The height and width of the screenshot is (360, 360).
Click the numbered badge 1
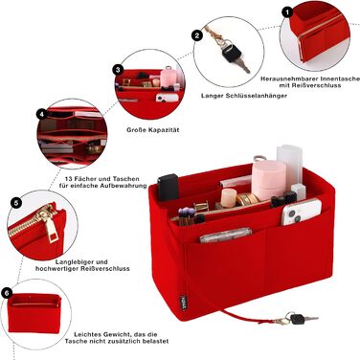[287, 12]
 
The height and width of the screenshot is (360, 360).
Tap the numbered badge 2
[197, 35]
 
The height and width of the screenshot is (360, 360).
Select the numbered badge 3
[118, 70]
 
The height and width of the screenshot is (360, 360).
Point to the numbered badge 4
[42, 114]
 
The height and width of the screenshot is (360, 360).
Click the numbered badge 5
[16, 202]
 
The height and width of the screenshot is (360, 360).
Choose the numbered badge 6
[7, 293]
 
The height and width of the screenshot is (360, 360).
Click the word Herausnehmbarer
[289, 79]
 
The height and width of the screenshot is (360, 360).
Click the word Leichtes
[88, 334]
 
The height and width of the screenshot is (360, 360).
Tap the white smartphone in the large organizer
[301, 212]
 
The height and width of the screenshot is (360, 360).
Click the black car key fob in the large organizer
[168, 188]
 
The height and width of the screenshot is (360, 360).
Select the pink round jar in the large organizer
[269, 180]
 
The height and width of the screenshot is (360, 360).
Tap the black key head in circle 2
[231, 54]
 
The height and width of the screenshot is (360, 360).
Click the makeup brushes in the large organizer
[187, 215]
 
